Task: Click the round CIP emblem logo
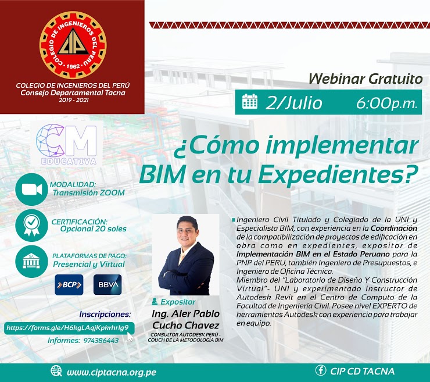(x=73, y=45)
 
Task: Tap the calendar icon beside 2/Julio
(x=250, y=102)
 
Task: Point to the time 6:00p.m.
(x=387, y=103)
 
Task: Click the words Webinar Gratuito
(x=365, y=79)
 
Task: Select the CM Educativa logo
(x=67, y=144)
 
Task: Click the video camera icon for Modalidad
(x=31, y=190)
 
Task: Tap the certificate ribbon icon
(x=31, y=226)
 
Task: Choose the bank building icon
(x=31, y=262)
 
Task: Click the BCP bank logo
(x=69, y=285)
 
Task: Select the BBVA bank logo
(x=107, y=285)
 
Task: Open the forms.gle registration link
(x=67, y=328)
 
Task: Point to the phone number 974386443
(x=101, y=341)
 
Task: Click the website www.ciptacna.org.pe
(x=112, y=372)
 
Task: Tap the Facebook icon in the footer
(x=321, y=370)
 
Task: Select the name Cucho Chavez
(x=186, y=326)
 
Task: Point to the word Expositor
(x=178, y=302)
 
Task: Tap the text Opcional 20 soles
(x=93, y=229)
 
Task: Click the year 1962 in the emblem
(x=73, y=66)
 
